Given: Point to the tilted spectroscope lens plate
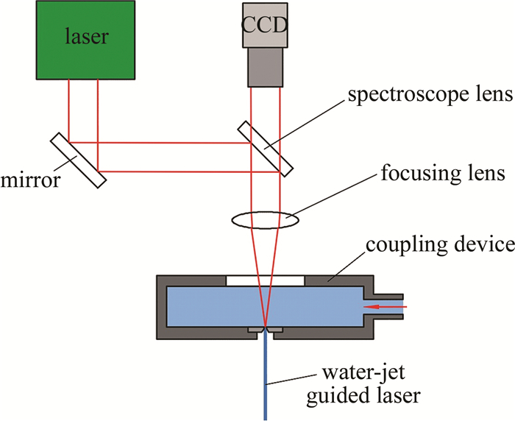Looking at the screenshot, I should [265, 148].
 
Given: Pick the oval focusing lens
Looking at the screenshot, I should [265, 219].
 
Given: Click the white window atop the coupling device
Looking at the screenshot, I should [265, 280].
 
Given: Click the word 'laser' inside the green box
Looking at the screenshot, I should [85, 35].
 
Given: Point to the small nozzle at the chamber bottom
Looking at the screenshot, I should [265, 329].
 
